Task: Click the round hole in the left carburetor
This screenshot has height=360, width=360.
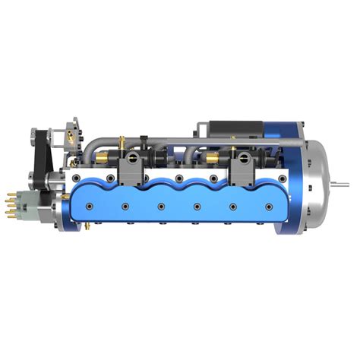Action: (x=133, y=158)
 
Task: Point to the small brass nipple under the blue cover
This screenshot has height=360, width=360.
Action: (x=89, y=226)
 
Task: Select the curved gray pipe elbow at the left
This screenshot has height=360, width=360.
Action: (x=94, y=149)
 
